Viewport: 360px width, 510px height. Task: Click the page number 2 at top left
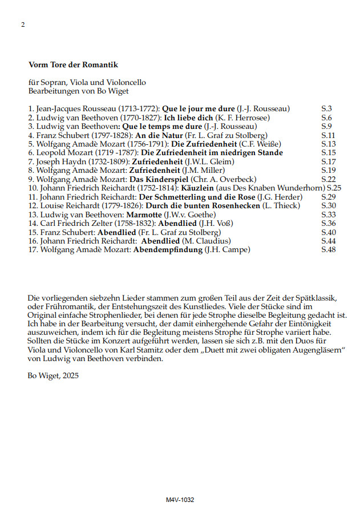point(23,25)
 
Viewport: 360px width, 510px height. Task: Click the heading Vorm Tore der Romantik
point(73,66)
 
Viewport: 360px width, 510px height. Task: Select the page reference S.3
point(327,108)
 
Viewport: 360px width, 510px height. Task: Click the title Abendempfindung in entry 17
point(168,249)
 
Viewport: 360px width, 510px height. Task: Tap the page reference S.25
point(334,188)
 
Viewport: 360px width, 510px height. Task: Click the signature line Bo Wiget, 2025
point(54,375)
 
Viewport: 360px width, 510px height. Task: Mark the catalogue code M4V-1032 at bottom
point(180,499)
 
